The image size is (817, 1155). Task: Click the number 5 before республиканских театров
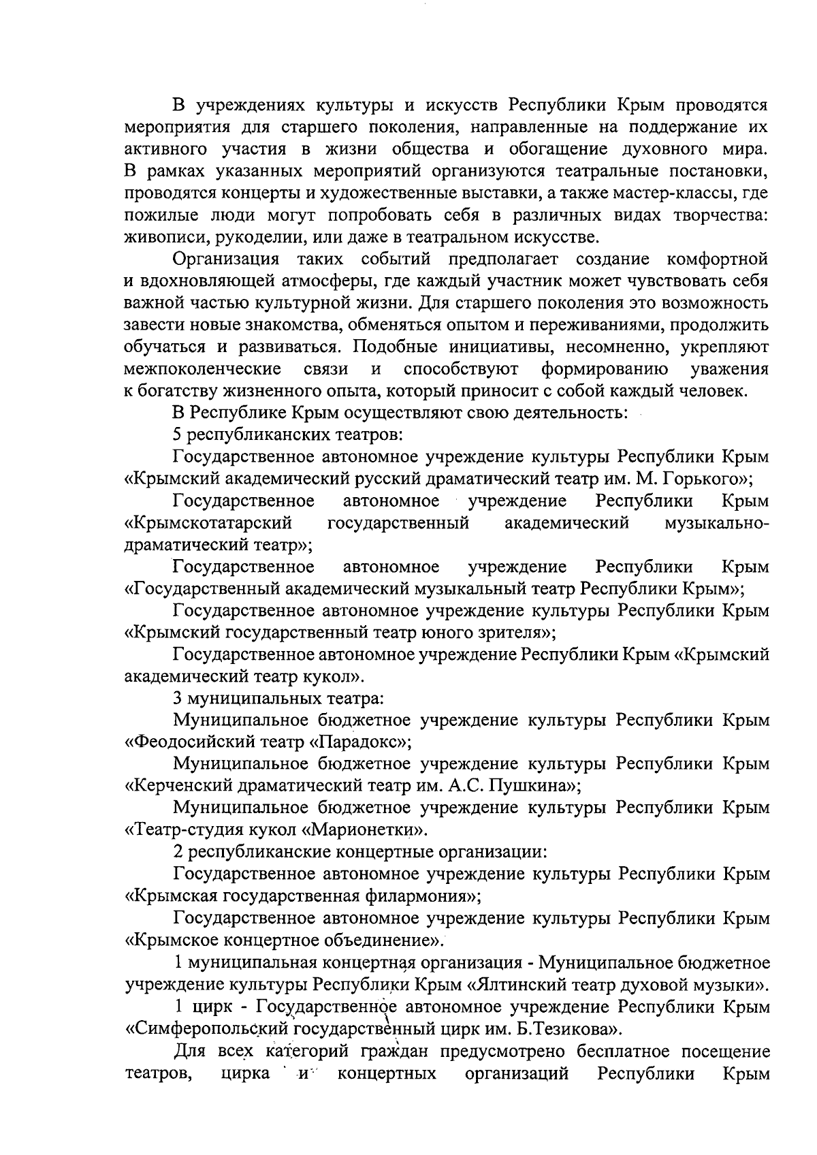click(x=177, y=434)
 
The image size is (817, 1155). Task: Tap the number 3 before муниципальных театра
click(x=177, y=698)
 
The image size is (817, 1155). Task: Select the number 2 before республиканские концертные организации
click(x=177, y=852)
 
